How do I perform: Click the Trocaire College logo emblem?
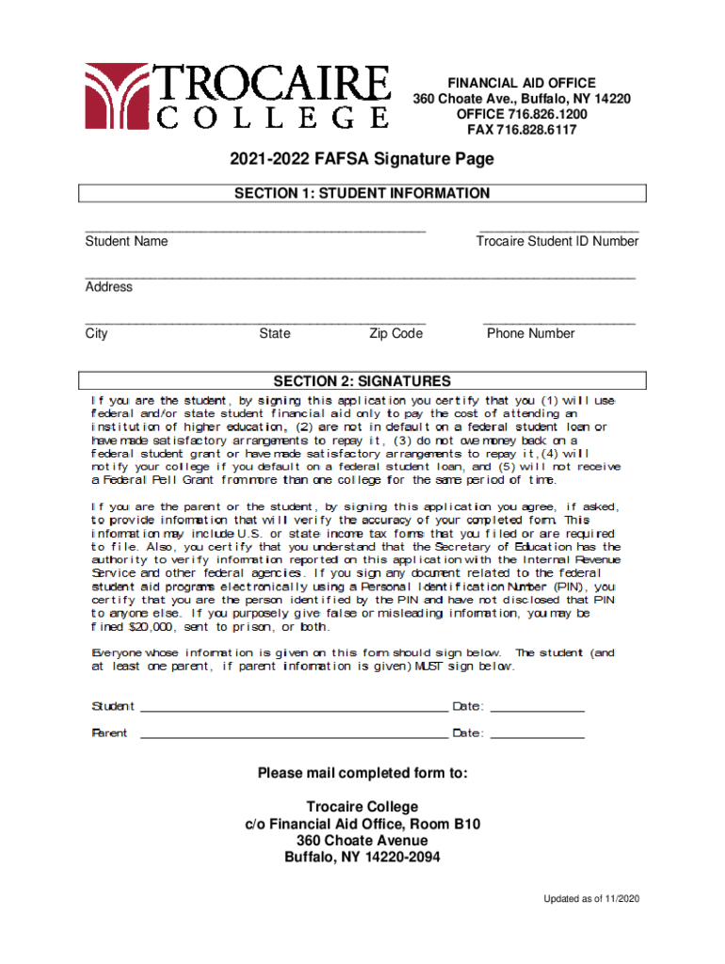(x=118, y=95)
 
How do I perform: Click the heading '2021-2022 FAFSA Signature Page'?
(x=362, y=159)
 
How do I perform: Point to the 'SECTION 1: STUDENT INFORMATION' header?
(x=362, y=193)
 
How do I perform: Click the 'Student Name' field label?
(x=127, y=241)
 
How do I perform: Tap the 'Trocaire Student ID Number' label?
(x=557, y=241)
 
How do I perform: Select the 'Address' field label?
(x=109, y=286)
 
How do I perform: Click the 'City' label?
(x=97, y=333)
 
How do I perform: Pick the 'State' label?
(x=275, y=333)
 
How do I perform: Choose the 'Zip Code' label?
(x=395, y=333)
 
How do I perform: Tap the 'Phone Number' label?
(x=530, y=333)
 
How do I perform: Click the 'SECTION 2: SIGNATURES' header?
(x=362, y=381)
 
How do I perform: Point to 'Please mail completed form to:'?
(x=362, y=774)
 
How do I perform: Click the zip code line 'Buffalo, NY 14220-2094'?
(x=362, y=857)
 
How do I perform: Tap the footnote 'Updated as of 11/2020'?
(x=591, y=899)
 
